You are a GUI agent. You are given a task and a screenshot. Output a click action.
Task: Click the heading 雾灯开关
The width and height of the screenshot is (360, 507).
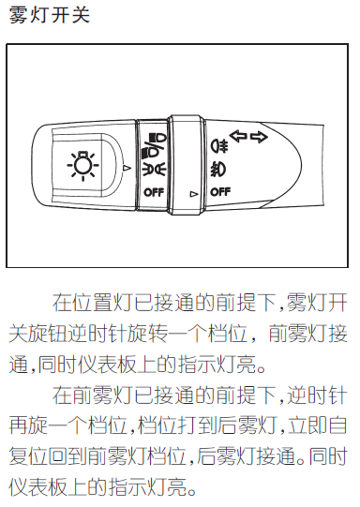pos(50,15)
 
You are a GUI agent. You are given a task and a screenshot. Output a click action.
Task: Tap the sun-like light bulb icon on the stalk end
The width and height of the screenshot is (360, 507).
pos(83,165)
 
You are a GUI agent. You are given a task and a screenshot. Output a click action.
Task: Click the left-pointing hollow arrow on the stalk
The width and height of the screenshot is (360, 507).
pos(238,136)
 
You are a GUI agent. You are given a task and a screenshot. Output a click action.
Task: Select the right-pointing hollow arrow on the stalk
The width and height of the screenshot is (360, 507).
pos(259,138)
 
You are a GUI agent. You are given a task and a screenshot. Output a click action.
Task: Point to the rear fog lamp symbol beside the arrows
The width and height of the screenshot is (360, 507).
pos(220,145)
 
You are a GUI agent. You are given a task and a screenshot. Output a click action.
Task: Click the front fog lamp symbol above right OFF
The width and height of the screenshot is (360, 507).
pos(218,169)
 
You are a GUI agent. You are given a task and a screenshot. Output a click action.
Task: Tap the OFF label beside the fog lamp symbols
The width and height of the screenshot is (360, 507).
pos(220,192)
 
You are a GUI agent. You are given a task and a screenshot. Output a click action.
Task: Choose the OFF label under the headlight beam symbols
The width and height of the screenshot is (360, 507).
pos(154,192)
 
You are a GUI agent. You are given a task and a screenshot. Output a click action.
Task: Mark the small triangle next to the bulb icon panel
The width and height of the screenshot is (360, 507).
pos(127,168)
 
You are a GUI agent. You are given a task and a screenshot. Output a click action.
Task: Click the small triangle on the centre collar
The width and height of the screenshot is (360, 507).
pos(193,194)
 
